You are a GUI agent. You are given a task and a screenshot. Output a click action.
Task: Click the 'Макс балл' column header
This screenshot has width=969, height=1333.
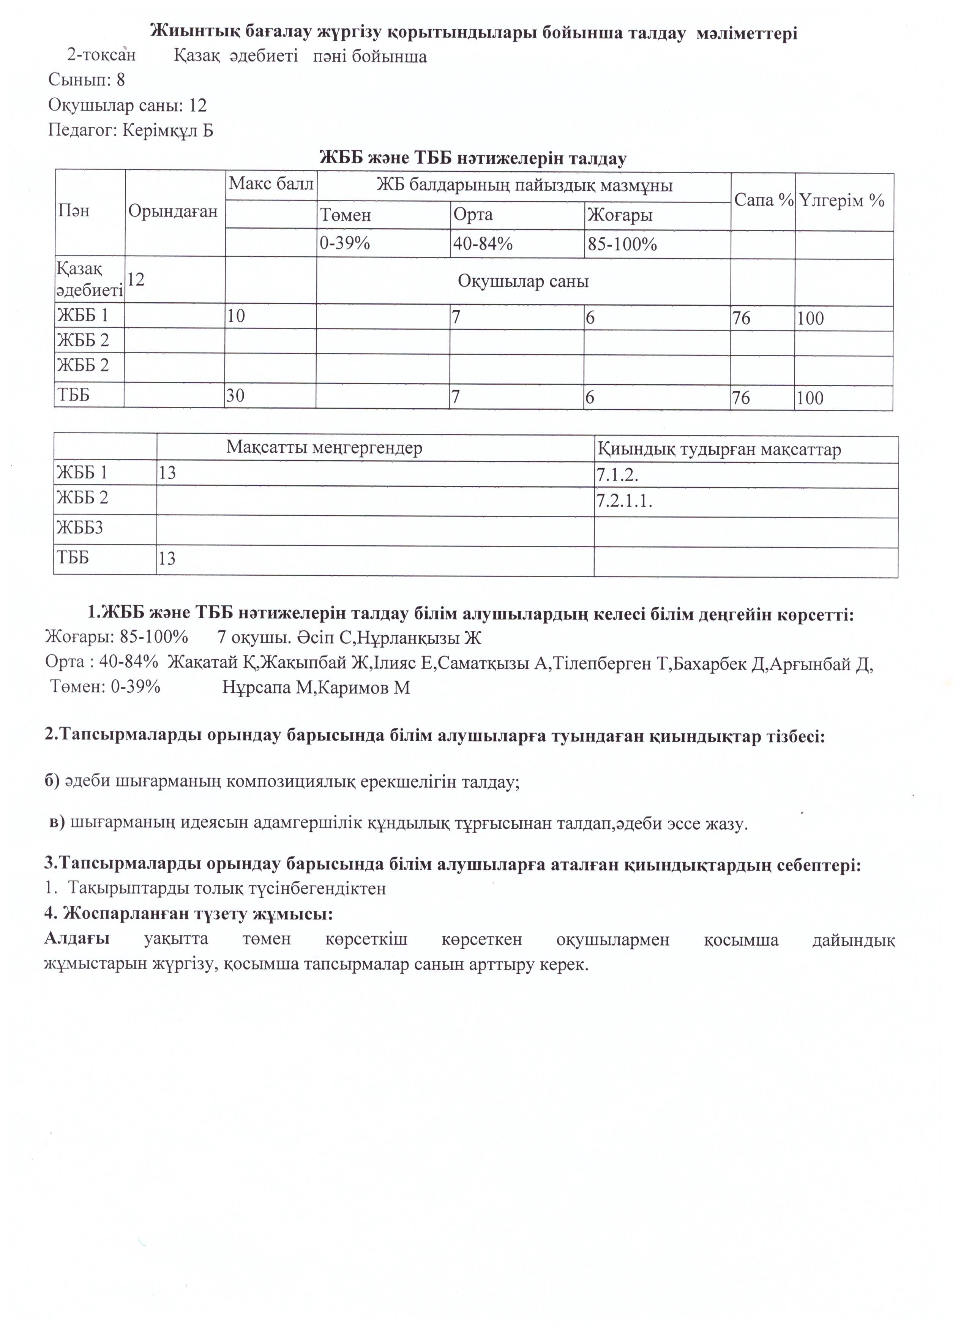tap(271, 184)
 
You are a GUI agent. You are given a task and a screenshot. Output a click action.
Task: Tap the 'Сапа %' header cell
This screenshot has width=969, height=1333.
tap(763, 201)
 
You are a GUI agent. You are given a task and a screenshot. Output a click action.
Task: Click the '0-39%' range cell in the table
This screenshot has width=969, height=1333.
tap(345, 243)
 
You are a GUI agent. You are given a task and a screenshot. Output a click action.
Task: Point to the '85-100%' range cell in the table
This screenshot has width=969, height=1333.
tap(622, 244)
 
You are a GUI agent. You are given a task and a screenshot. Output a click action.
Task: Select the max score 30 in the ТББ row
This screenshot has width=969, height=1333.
tap(236, 396)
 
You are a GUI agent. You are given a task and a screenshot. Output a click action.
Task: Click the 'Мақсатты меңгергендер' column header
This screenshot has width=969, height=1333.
tap(324, 449)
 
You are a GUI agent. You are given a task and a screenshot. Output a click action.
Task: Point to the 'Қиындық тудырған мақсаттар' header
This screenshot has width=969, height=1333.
tap(719, 450)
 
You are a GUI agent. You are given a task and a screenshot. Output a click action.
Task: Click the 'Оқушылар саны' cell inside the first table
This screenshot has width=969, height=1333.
tap(523, 281)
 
